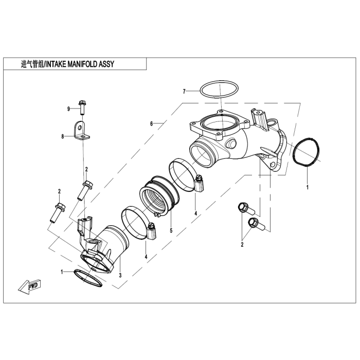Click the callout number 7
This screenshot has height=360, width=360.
(184, 92)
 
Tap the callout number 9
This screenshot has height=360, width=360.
(68, 109)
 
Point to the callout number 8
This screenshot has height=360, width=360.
(62, 136)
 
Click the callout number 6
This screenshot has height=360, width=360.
(152, 124)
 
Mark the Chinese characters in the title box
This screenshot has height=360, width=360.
(32, 64)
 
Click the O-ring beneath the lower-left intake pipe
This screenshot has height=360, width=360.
(88, 276)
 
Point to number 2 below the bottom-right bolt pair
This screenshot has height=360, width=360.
(242, 245)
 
